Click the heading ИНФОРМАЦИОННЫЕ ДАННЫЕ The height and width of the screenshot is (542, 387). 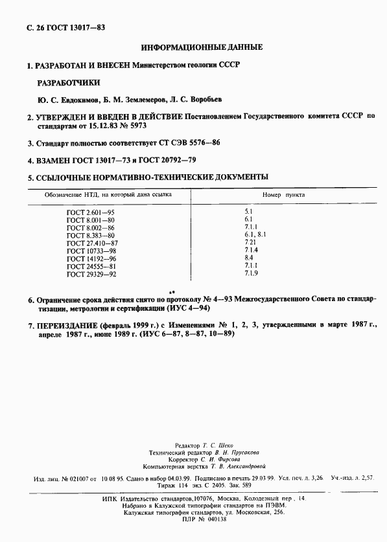(x=202, y=47)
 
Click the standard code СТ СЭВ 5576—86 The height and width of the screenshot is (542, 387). (x=192, y=142)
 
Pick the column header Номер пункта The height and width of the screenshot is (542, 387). (x=283, y=194)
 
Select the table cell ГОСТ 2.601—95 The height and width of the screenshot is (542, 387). (x=90, y=212)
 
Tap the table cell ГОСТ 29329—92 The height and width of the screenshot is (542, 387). (x=91, y=274)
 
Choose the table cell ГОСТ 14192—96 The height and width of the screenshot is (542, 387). (x=91, y=258)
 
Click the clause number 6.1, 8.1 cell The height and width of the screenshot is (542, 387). (x=255, y=235)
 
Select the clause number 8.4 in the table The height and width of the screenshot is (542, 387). (x=249, y=258)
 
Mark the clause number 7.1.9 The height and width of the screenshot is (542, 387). (x=252, y=274)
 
